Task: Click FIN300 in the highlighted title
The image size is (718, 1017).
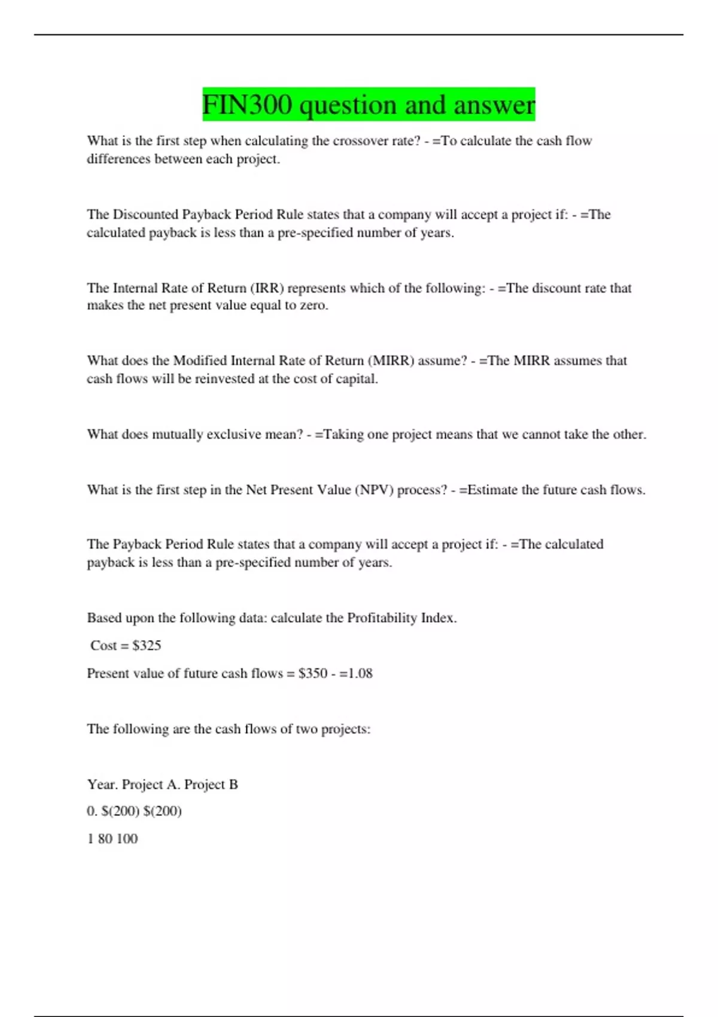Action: click(247, 105)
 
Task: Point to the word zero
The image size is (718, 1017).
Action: click(313, 306)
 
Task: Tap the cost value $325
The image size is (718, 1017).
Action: click(147, 645)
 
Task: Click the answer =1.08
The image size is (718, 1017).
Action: click(356, 674)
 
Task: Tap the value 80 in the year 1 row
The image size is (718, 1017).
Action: click(105, 839)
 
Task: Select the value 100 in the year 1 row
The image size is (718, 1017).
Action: click(127, 839)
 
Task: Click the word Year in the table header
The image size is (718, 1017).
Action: click(101, 784)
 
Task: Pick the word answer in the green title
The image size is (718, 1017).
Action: click(494, 105)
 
